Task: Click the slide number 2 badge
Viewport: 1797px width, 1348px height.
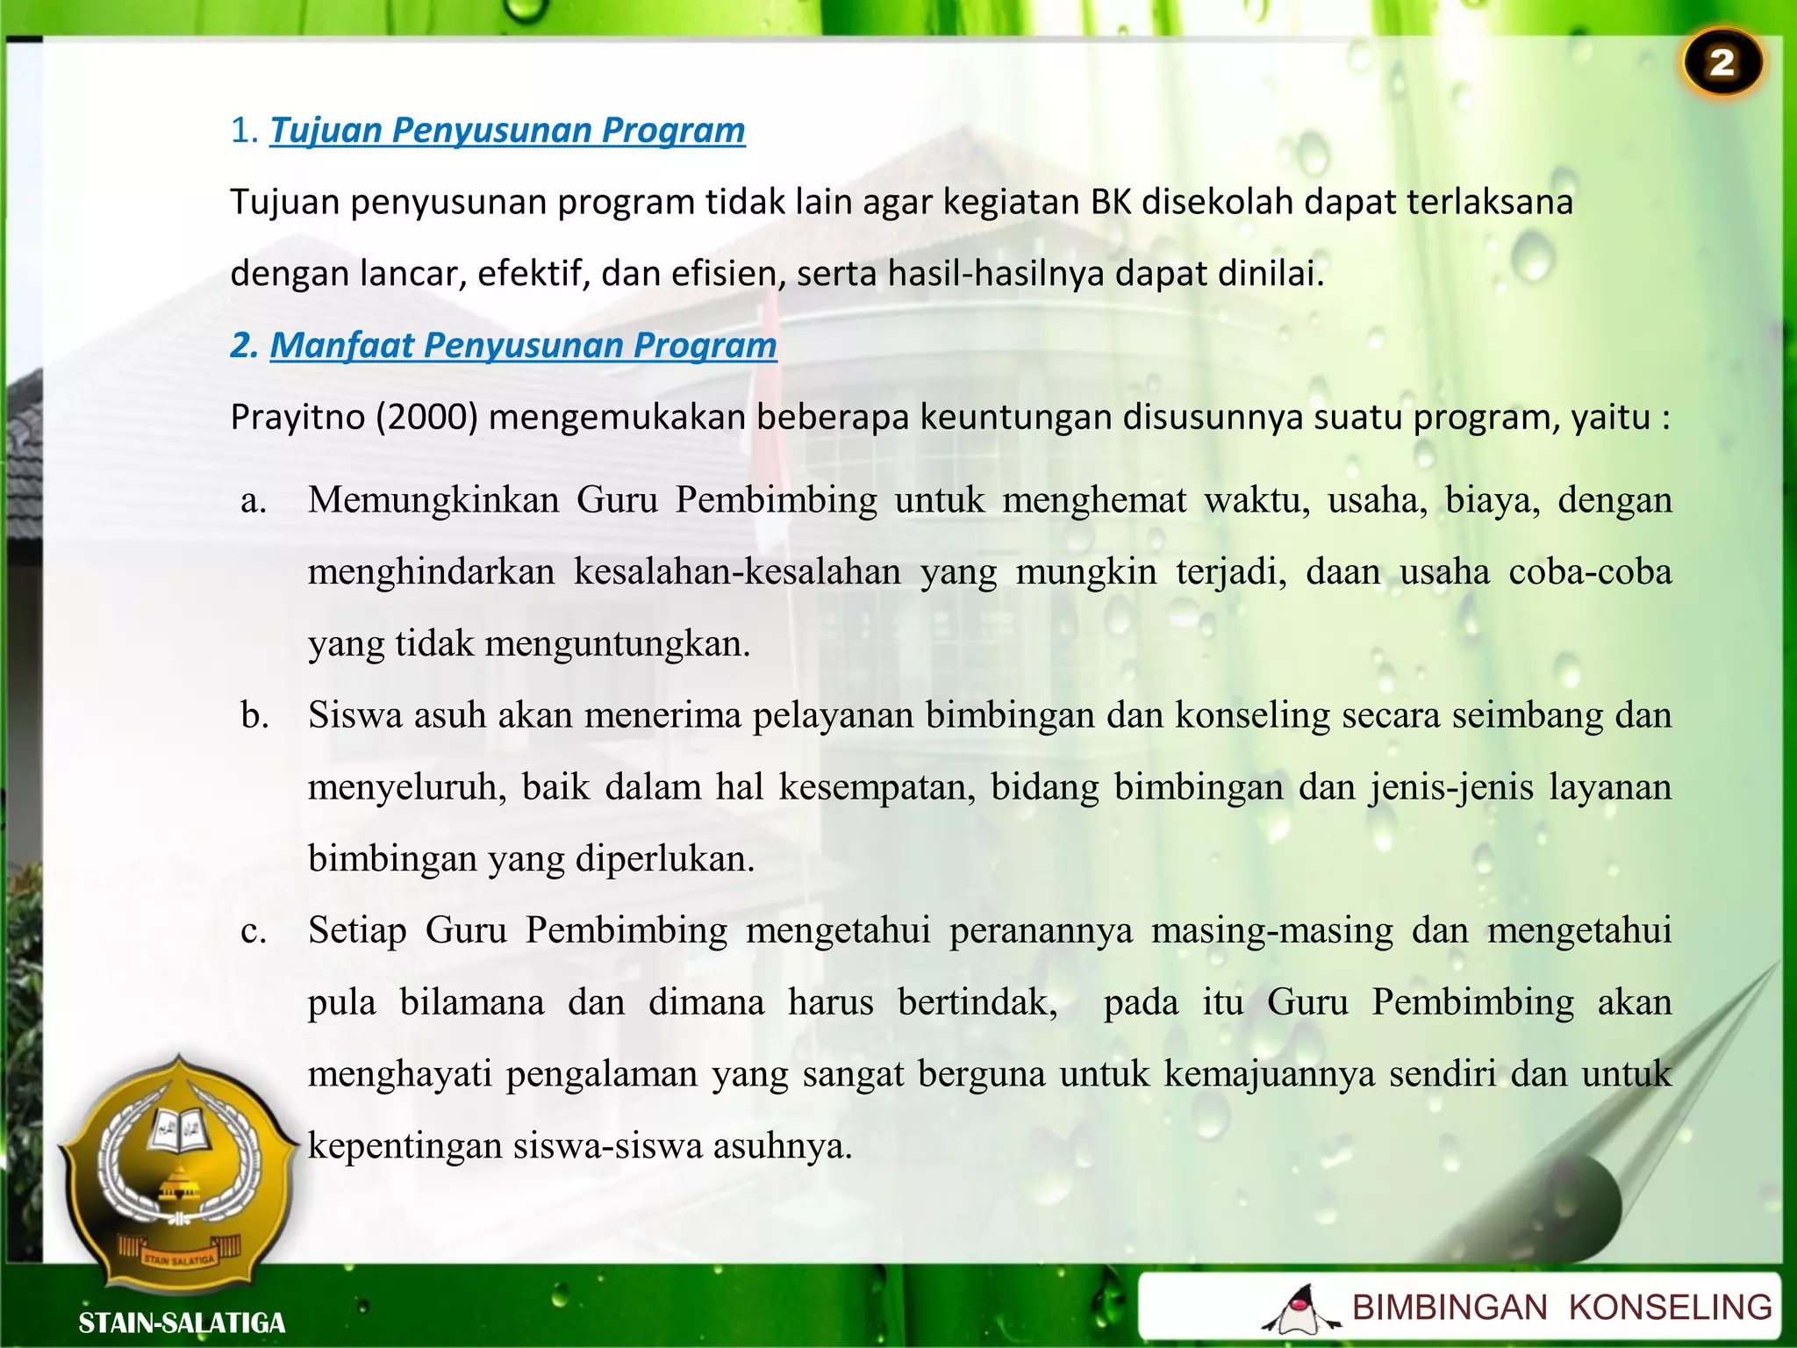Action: pos(1722,63)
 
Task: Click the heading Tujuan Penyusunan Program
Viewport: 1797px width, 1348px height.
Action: pos(507,130)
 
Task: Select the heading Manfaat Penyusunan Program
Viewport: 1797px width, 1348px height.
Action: pos(523,345)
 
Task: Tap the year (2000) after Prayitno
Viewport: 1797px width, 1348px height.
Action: pos(426,417)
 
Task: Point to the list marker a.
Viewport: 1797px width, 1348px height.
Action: pos(254,500)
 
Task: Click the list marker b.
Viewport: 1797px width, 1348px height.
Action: pos(254,715)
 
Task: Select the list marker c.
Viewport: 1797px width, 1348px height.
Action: pos(254,930)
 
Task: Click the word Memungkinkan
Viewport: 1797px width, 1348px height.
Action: pos(433,500)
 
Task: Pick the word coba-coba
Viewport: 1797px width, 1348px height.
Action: pos(1590,572)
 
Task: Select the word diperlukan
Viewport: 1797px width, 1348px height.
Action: pos(664,858)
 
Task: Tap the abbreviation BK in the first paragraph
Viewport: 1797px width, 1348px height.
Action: pos(1111,202)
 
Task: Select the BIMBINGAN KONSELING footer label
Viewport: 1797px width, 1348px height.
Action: pos(1562,1308)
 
